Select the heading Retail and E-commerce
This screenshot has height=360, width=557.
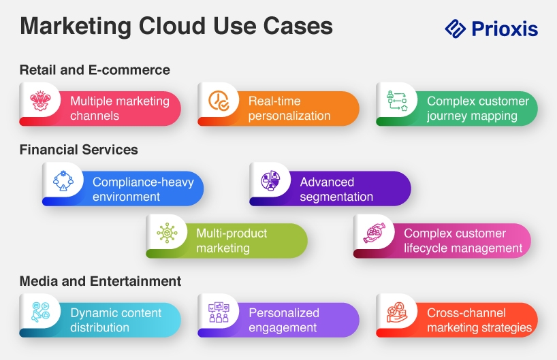[95, 70]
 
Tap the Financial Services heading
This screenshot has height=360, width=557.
[79, 150]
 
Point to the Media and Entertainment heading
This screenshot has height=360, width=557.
[100, 281]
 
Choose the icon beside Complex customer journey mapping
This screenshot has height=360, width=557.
[397, 101]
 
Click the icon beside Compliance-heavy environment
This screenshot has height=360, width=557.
[63, 181]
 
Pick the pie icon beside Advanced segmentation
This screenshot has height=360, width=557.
[270, 181]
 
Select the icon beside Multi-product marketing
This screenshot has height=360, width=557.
[167, 233]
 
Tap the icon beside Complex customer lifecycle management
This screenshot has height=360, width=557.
[375, 233]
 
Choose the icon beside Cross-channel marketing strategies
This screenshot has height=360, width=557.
[397, 312]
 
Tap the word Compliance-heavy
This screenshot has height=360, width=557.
[143, 182]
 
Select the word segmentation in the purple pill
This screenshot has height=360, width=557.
[336, 197]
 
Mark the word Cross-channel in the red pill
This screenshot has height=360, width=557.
[466, 313]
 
